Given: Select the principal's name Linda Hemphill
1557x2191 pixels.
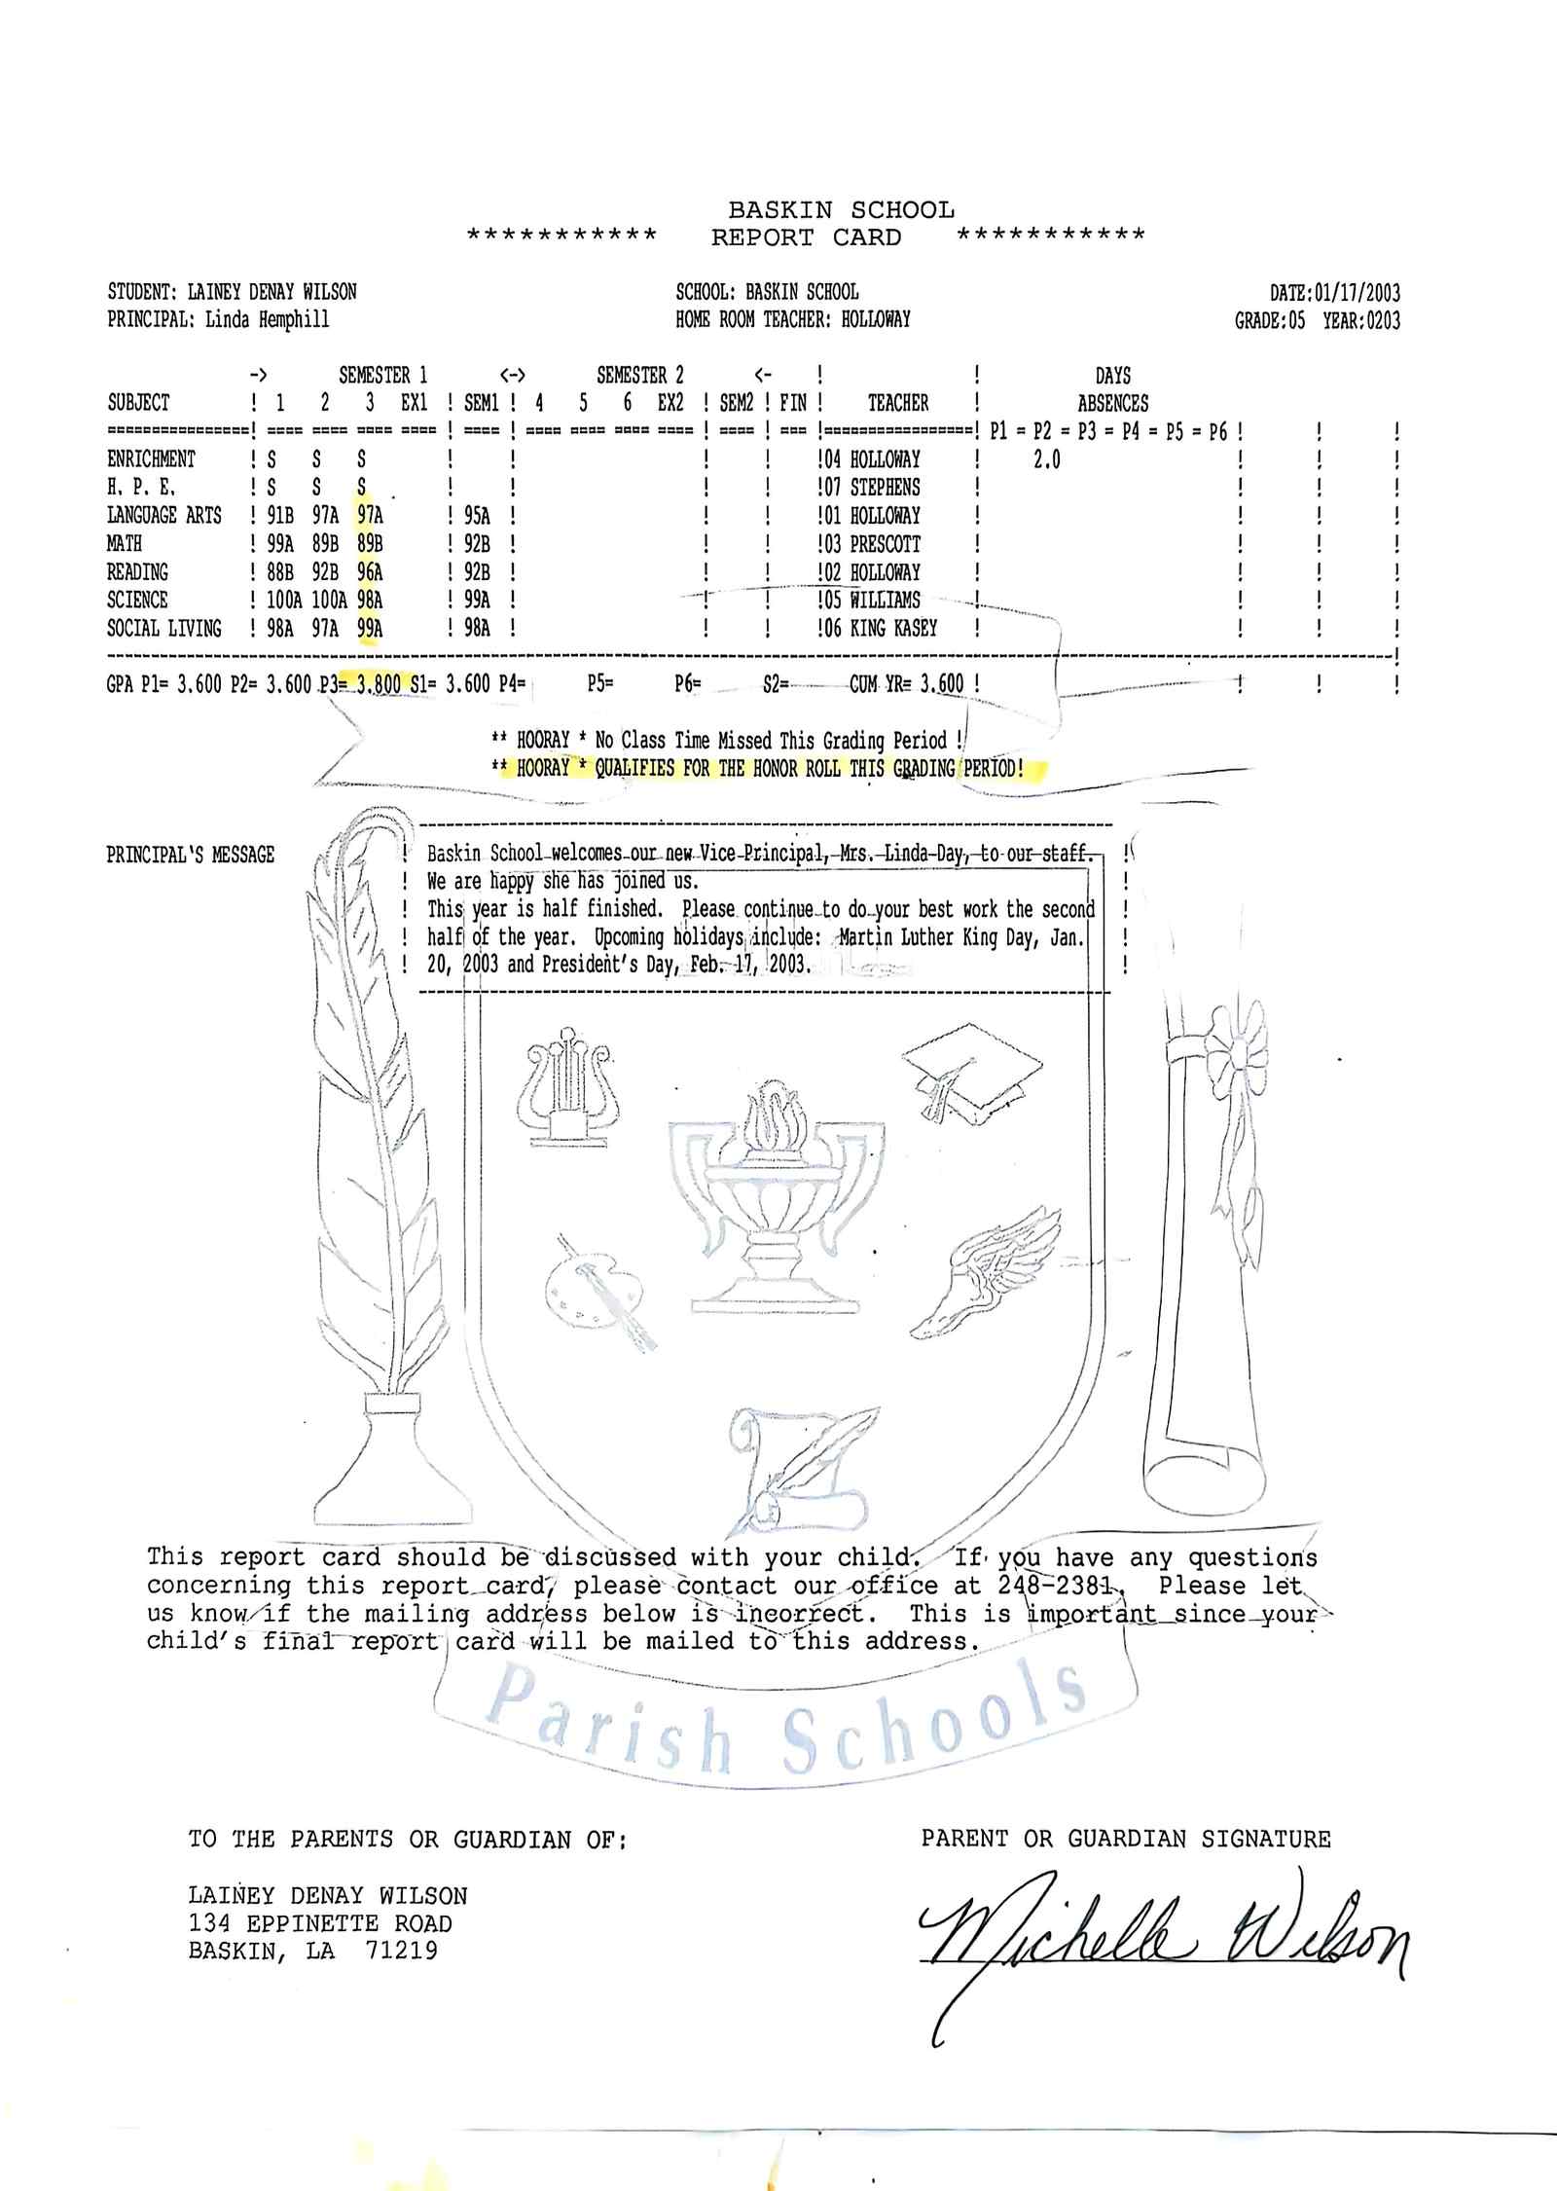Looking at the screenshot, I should [268, 319].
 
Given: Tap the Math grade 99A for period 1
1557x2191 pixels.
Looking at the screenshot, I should [280, 544].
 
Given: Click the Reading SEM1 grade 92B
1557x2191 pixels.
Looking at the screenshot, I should [477, 572].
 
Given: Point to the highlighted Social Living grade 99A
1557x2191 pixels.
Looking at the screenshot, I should [370, 629].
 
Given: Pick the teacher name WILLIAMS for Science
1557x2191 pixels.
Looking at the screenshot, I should [885, 601].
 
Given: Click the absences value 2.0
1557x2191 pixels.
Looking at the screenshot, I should [1046, 459].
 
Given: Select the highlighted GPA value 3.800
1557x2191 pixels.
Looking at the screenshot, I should [379, 684].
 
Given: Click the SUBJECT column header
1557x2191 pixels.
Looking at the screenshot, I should [138, 403].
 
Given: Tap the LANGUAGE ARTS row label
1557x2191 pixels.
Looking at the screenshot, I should [163, 516].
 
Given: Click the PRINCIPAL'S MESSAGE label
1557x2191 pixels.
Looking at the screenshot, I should [191, 855].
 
